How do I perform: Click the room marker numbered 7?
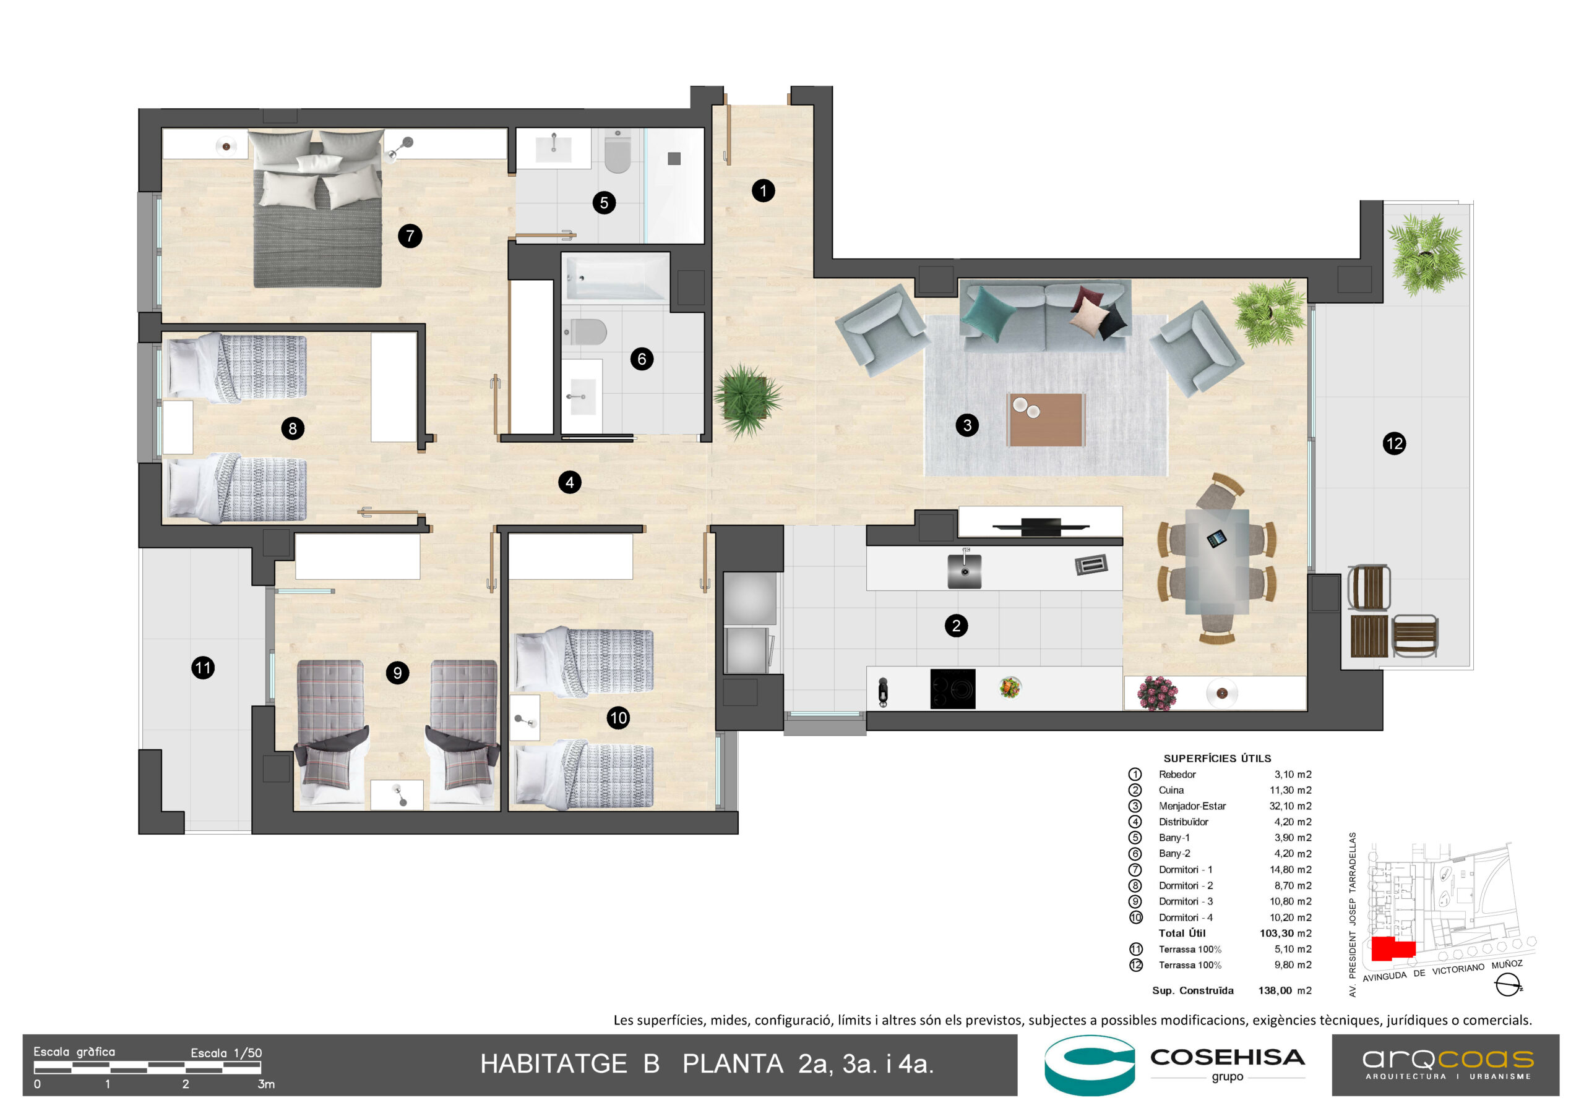[410, 236]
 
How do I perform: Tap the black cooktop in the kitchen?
[952, 688]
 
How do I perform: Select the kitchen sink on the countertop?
[965, 570]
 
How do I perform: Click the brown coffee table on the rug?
[1045, 419]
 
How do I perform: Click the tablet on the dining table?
[1216, 538]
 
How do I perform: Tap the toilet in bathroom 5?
[618, 153]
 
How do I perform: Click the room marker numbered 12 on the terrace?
[1393, 443]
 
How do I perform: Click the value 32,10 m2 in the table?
[1290, 806]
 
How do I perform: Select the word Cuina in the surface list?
[1171, 790]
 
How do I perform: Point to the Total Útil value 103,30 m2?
[1285, 933]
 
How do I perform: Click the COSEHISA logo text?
[1226, 1057]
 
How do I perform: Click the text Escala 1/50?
[226, 1053]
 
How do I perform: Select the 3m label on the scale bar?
[266, 1084]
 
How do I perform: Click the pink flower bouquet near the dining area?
[1157, 692]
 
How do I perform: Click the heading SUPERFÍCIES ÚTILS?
[1217, 759]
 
